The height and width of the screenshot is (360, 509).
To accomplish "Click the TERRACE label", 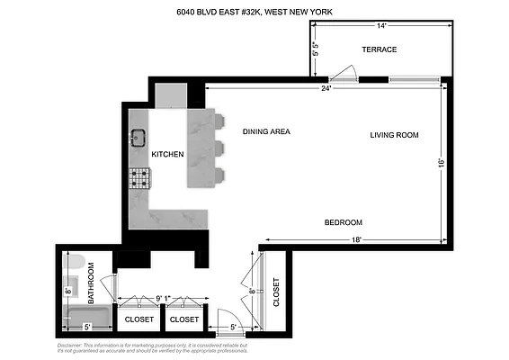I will click(379, 49).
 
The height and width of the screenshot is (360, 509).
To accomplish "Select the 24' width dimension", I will click(325, 88).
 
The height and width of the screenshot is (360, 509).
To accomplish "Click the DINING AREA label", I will click(266, 131).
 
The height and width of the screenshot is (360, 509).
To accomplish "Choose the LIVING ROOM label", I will click(395, 135).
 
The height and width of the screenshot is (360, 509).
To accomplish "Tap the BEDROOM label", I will click(343, 222).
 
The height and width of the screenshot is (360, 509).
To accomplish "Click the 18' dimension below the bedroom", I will click(356, 239).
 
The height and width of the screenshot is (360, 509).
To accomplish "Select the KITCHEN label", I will click(167, 155).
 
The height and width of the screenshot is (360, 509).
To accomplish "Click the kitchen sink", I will click(139, 138).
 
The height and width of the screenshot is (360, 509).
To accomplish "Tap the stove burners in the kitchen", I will click(139, 178).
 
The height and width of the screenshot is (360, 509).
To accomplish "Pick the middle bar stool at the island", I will click(219, 148).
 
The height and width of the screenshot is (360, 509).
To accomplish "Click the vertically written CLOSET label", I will click(276, 289).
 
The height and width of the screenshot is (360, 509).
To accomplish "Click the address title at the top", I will click(254, 13).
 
